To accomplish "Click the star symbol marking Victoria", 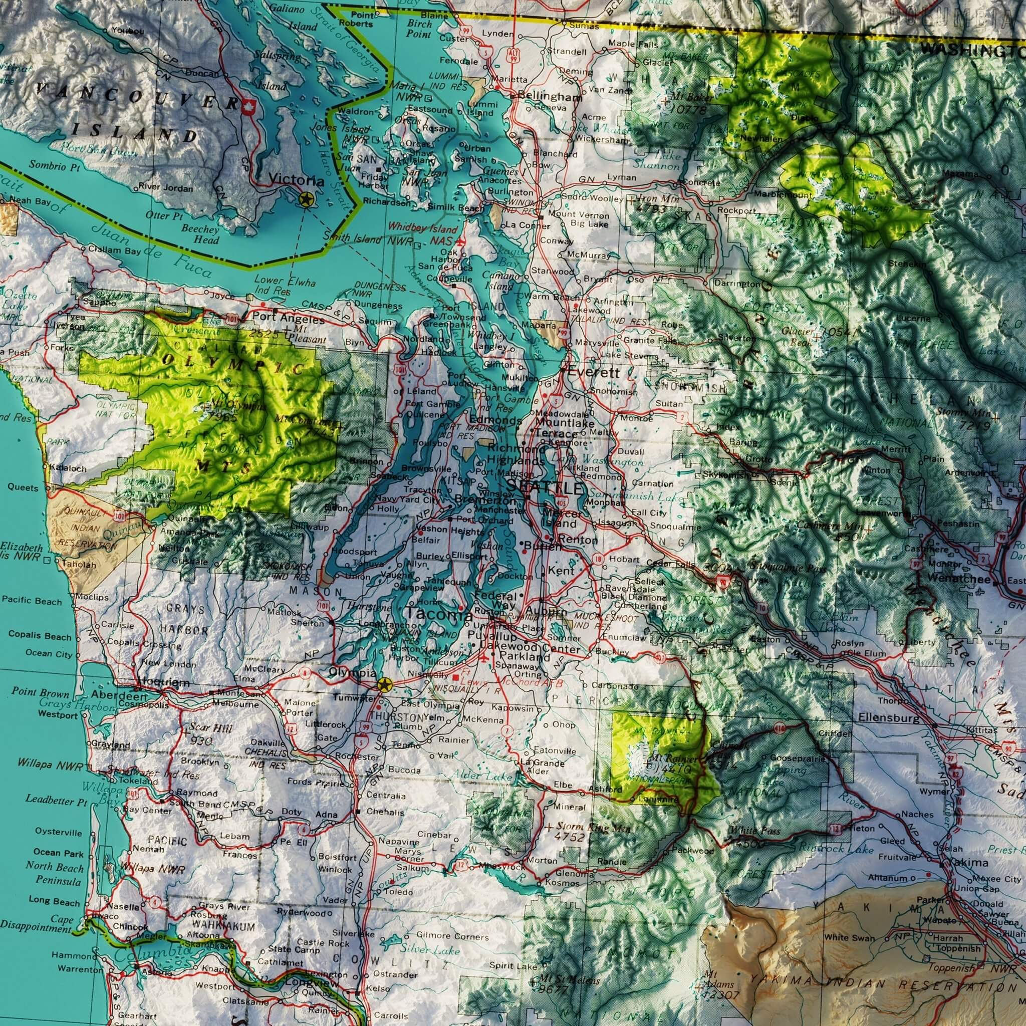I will click(306, 200).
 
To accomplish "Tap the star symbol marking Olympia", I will click(384, 684).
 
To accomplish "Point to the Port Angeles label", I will click(288, 320).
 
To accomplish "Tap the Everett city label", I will click(593, 373).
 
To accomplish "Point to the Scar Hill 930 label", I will click(210, 733).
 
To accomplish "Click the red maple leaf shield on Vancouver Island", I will click(247, 106).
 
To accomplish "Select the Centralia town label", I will click(386, 796).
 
